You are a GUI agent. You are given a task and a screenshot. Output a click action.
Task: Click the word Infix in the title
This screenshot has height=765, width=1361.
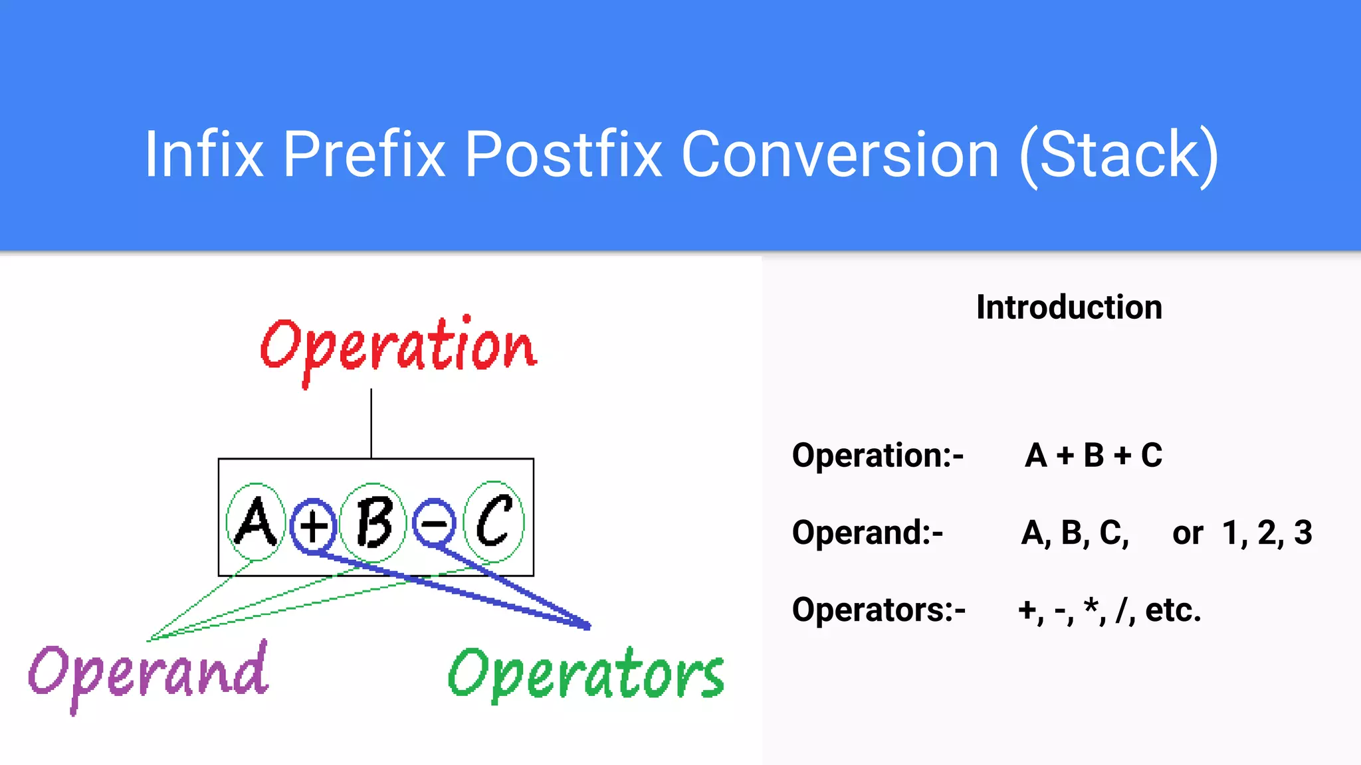[203, 155]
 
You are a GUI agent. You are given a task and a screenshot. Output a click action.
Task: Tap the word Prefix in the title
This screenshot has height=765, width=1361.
[364, 155]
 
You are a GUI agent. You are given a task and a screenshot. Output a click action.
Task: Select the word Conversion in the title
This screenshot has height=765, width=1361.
[840, 155]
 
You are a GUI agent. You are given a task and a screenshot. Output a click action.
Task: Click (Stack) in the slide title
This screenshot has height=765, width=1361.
[1120, 156]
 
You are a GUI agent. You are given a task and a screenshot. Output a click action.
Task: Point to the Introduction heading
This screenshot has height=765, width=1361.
[1069, 307]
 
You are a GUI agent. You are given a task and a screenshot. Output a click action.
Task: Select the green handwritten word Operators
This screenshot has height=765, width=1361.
[586, 675]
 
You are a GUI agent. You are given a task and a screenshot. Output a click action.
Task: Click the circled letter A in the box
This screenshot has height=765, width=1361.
[256, 523]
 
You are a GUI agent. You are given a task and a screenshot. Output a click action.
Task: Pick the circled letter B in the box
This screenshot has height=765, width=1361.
[373, 523]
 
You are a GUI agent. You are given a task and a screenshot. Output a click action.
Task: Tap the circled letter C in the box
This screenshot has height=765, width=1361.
[494, 522]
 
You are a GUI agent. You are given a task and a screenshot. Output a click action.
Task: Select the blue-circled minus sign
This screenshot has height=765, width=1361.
[434, 523]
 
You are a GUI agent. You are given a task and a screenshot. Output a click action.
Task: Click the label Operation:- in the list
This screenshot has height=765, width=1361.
[877, 456]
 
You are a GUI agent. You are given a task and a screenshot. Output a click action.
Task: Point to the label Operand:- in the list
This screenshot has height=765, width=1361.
[867, 533]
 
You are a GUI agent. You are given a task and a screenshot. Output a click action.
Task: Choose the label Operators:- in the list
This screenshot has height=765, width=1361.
[879, 610]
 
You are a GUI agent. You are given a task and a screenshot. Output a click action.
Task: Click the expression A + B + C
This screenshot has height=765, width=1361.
[1093, 456]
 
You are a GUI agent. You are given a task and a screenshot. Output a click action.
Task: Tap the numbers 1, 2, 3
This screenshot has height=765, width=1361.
[1267, 533]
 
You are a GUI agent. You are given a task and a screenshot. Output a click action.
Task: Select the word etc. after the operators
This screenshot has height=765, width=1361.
[1173, 610]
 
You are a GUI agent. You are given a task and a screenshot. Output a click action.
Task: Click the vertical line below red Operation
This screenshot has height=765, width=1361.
[371, 424]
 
